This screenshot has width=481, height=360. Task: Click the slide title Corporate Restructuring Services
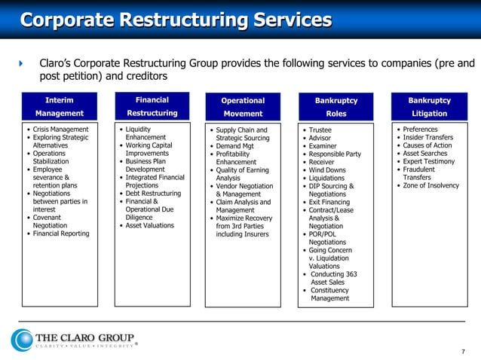[176, 19]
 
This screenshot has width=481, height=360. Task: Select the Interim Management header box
[60, 106]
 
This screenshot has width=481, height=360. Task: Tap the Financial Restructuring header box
[152, 106]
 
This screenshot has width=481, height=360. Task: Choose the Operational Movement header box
[243, 107]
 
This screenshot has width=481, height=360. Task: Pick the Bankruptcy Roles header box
[335, 107]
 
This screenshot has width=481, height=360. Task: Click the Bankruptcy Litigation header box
[429, 107]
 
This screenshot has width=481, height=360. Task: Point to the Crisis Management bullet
[60, 130]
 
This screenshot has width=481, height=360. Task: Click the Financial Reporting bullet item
[60, 233]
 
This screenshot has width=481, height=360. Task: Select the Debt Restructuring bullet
[153, 194]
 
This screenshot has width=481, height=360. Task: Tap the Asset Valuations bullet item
[149, 225]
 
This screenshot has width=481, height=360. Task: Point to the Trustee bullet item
[320, 130]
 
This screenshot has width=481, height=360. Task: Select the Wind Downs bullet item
[327, 170]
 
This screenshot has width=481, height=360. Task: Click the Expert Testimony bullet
[428, 161]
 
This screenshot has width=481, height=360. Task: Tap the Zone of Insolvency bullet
[430, 185]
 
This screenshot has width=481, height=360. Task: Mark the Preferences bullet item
[420, 130]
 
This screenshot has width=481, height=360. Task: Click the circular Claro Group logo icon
[22, 340]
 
